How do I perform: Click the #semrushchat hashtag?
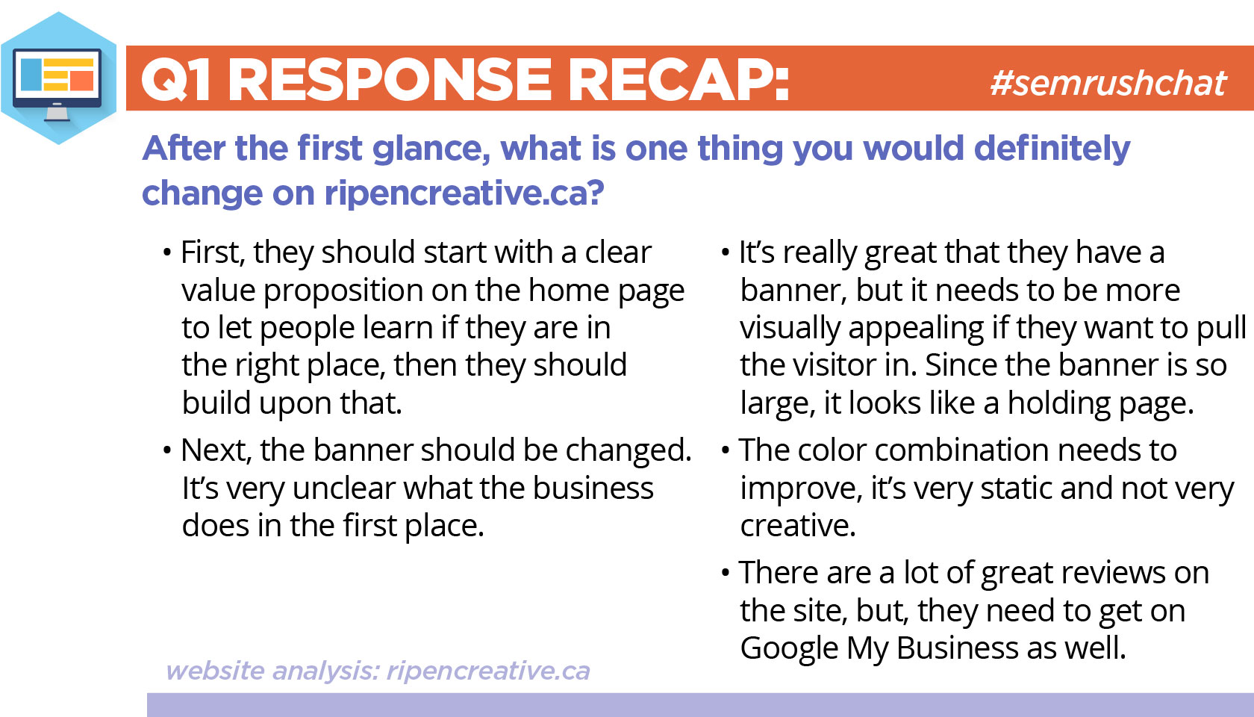1108,84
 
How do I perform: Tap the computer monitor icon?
57,84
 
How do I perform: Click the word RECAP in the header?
679,79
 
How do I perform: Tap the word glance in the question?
431,149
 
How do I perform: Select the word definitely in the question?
1052,149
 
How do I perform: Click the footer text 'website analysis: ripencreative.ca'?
378,671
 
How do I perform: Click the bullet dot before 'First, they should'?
167,253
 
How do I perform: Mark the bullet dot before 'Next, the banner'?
167,450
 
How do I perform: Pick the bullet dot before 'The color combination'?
726,450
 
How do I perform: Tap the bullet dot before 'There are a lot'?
726,573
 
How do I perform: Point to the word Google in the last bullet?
790,648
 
